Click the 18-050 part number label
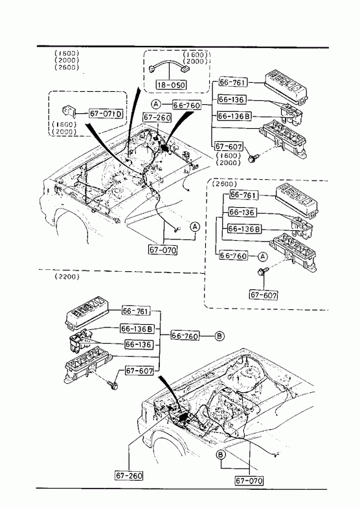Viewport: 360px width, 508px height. [x=172, y=85]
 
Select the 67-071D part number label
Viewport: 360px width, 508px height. [x=106, y=113]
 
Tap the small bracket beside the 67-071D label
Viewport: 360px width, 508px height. [x=69, y=111]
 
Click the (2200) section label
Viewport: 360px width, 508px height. [x=67, y=276]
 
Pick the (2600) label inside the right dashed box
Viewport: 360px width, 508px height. [x=225, y=184]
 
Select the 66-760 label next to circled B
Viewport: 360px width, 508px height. [x=185, y=336]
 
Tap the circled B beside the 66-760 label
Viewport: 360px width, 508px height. [x=219, y=336]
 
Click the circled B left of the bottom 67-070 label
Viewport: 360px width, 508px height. [x=221, y=455]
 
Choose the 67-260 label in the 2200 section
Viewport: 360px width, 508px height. [x=129, y=475]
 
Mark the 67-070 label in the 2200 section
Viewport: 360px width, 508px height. [x=249, y=480]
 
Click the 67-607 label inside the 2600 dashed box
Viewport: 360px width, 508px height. [x=264, y=295]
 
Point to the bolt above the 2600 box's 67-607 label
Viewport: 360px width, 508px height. [x=262, y=271]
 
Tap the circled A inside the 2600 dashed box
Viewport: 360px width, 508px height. [x=262, y=257]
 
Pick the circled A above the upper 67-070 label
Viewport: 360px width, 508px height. [x=195, y=226]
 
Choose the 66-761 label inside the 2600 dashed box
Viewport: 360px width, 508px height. [x=244, y=195]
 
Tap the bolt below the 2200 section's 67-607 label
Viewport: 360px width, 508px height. [x=113, y=386]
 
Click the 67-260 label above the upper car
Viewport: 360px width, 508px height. [x=157, y=117]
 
